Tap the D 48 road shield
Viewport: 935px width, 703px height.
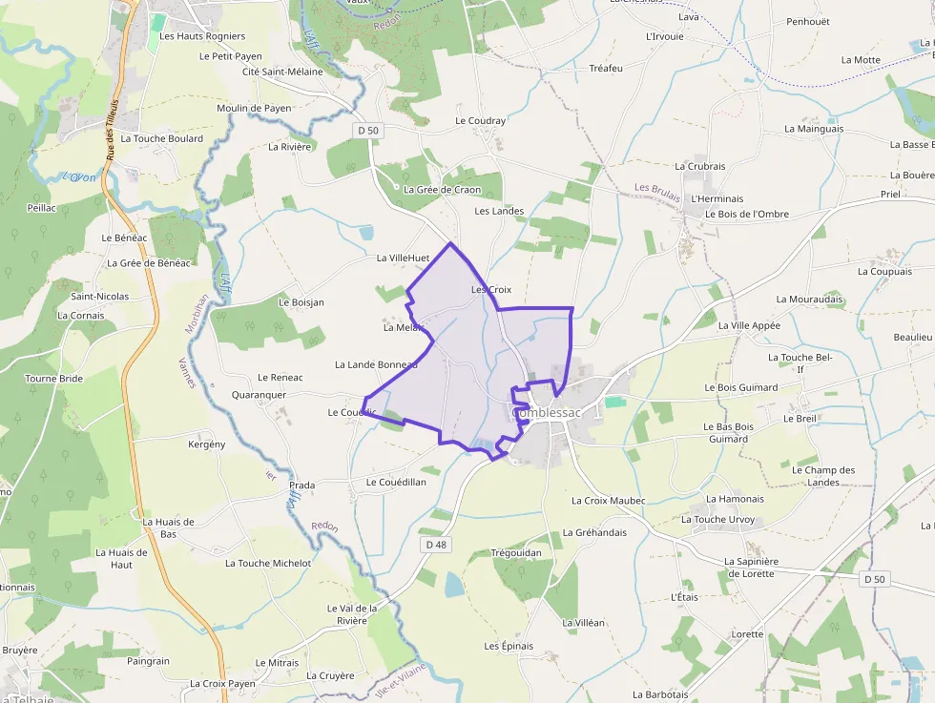436,545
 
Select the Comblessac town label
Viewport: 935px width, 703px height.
547,413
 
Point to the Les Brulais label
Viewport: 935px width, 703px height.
656,189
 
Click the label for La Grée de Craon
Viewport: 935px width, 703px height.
442,190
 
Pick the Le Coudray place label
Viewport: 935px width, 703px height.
480,121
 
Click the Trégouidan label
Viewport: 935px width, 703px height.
515,553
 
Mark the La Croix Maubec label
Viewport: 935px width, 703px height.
608,501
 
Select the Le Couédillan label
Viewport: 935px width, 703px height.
396,483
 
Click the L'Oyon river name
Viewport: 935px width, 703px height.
79,177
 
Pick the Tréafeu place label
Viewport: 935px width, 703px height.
605,69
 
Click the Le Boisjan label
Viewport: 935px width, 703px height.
301,302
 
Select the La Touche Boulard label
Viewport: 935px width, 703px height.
161,138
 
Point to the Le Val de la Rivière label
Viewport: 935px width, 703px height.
352,614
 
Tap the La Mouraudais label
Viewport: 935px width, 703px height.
809,299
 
